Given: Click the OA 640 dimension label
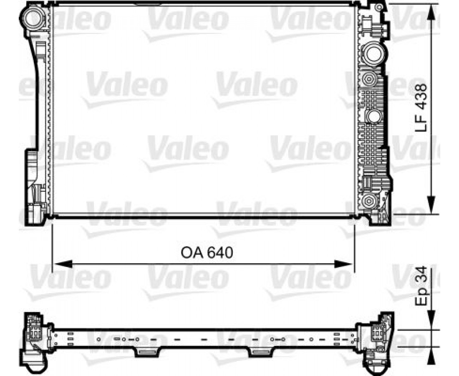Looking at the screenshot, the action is coord(207,253).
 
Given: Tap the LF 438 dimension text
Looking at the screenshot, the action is coord(421,108).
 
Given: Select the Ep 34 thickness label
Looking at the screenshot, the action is coord(421,287).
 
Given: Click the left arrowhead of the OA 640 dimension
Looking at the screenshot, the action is coord(63,264).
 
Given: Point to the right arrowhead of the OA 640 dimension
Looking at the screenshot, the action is coord(343,264).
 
